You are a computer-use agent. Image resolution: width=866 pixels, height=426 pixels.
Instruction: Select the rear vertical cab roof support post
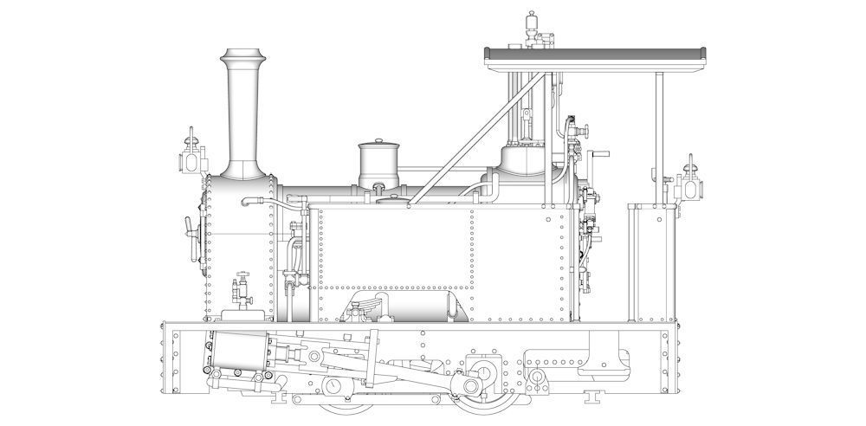coord(659,139)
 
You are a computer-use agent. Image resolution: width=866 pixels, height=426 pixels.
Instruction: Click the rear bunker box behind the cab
coord(649,260)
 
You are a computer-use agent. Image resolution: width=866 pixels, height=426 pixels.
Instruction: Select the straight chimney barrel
coord(242,117)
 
